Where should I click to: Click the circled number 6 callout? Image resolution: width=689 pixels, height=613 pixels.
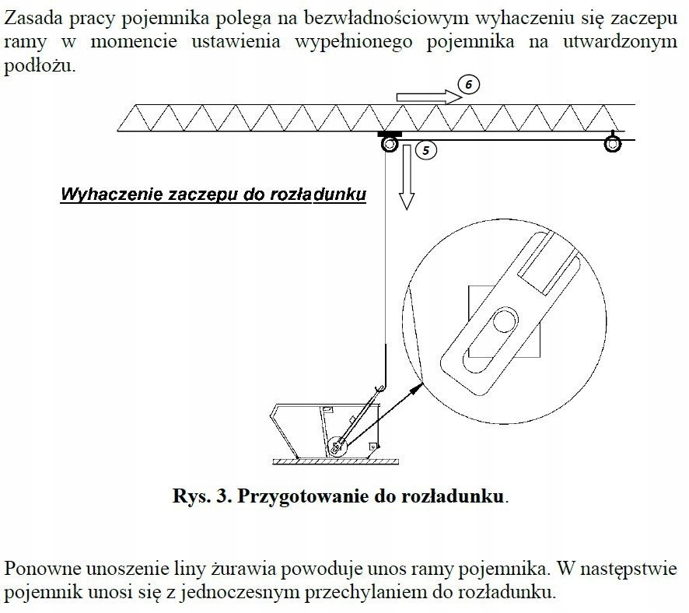click(469, 85)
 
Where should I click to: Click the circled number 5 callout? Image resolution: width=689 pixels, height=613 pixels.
click(425, 150)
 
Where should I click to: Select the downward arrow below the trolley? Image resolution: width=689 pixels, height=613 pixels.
click(404, 179)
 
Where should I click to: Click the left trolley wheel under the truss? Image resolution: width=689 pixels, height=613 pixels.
click(388, 144)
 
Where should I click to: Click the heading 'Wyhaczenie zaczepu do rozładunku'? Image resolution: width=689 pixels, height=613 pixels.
click(213, 194)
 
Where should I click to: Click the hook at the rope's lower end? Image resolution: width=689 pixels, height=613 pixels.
click(378, 387)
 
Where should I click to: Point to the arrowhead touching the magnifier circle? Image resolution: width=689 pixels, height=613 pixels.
click(418, 385)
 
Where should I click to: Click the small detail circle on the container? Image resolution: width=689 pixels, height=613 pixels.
click(337, 447)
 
